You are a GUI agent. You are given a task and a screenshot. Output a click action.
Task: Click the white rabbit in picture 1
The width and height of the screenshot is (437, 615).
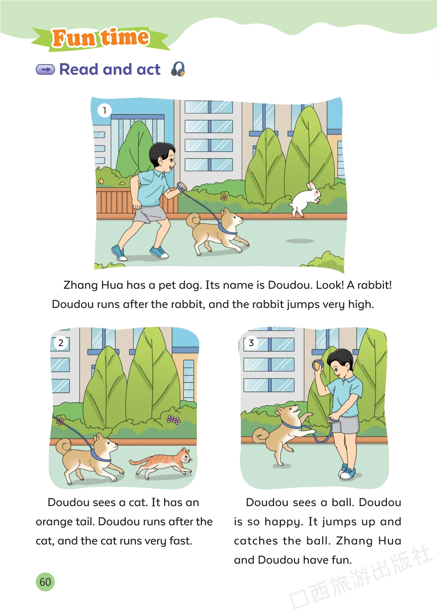pyautogui.click(x=304, y=199)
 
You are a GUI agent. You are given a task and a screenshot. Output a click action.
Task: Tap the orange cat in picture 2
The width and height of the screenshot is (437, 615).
pyautogui.click(x=161, y=462)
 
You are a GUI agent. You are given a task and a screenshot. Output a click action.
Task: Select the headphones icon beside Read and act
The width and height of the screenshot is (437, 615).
pyautogui.click(x=178, y=69)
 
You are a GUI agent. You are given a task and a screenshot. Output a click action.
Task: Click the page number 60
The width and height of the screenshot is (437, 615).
pyautogui.click(x=45, y=582)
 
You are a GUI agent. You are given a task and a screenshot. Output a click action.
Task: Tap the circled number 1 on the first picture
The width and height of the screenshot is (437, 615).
pyautogui.click(x=104, y=110)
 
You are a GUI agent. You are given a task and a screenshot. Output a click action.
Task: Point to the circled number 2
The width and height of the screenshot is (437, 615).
pyautogui.click(x=61, y=343)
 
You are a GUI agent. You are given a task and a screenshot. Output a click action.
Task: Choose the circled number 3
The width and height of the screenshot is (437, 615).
pyautogui.click(x=251, y=343)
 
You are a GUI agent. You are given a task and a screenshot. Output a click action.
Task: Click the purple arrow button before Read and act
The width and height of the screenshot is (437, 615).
pyautogui.click(x=45, y=69)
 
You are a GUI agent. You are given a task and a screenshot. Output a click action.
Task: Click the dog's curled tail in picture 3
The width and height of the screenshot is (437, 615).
pyautogui.click(x=260, y=436)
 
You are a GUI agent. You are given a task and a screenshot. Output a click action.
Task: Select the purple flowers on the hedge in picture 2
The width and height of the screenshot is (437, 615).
pyautogui.click(x=173, y=419)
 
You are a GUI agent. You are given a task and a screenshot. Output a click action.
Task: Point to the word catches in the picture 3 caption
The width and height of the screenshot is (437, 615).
pyautogui.click(x=256, y=541)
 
